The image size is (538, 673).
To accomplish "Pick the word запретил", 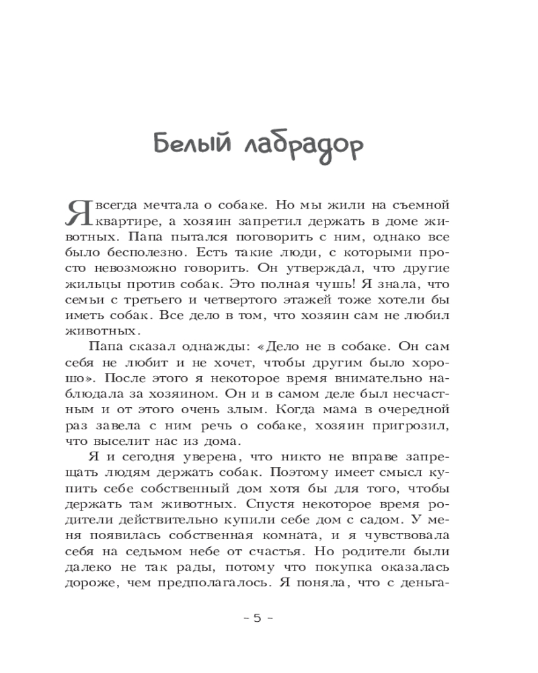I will [x=274, y=221].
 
